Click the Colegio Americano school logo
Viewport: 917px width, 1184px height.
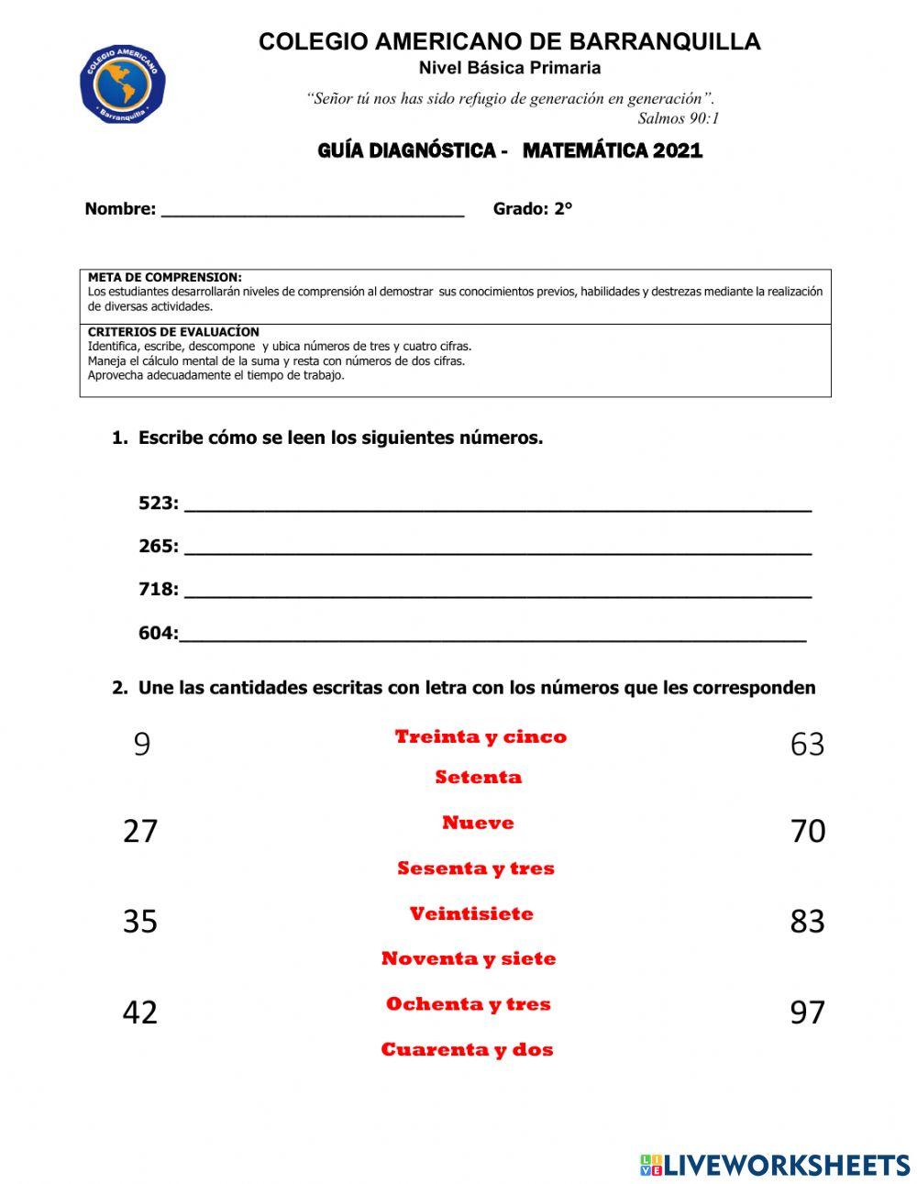[x=123, y=85]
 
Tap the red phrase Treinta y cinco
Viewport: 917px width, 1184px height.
[x=481, y=736]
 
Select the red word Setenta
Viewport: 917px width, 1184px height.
[x=478, y=777]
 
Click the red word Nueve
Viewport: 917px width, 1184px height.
[x=478, y=823]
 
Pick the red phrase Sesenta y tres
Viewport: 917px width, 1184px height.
[x=476, y=868]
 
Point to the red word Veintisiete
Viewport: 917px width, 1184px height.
[x=471, y=913]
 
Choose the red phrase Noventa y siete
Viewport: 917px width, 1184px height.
[x=469, y=958]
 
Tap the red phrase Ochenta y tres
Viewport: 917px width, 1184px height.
[x=469, y=1003]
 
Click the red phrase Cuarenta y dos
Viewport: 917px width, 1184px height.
[x=468, y=1049]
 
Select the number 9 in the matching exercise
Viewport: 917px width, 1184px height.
[x=141, y=744]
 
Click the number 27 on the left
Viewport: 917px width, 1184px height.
[x=140, y=831]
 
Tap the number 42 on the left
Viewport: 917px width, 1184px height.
[x=140, y=1012]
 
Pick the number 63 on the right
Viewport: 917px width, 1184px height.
[x=807, y=744]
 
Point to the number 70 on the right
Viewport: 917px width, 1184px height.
[x=807, y=831]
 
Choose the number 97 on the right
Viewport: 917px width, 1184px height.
[x=807, y=1012]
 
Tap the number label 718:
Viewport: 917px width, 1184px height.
[x=159, y=589]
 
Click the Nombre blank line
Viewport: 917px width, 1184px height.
[x=312, y=211]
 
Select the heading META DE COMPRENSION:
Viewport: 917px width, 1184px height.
[x=165, y=277]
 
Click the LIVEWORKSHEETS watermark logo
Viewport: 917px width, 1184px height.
[x=775, y=1165]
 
